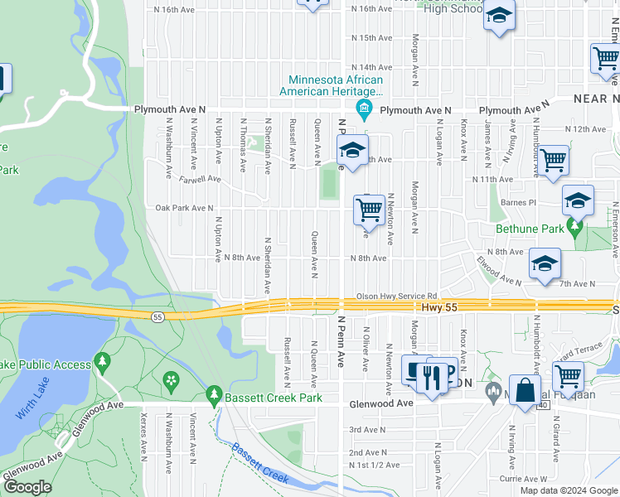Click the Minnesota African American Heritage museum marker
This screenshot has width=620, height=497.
[363, 109]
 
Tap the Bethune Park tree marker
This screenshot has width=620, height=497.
[573, 226]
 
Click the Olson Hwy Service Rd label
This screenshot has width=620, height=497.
[396, 295]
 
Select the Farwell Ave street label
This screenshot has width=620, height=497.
[199, 178]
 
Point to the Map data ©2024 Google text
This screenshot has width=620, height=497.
[569, 490]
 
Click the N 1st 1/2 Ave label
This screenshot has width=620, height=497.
[371, 467]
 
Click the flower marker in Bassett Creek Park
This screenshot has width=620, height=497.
[171, 381]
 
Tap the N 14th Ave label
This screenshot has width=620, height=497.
[371, 67]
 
